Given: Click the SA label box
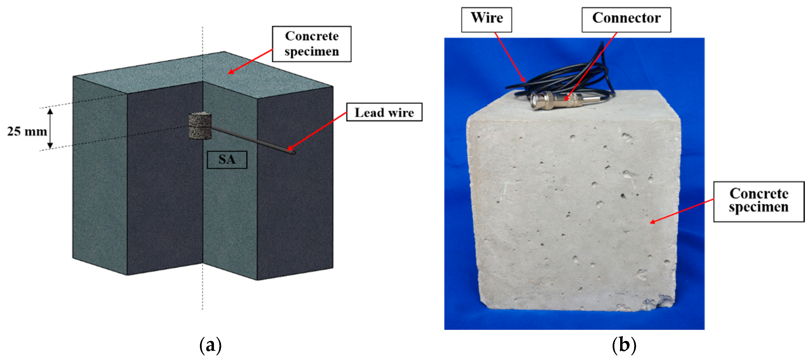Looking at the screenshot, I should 227,160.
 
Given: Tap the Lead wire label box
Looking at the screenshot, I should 384,112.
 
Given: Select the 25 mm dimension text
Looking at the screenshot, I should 27,131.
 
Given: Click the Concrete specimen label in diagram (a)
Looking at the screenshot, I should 312,44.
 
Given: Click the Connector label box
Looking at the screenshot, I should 626,20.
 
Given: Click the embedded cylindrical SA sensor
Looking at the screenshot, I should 200,126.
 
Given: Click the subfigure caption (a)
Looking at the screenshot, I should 211,345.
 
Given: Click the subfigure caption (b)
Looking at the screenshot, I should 624,345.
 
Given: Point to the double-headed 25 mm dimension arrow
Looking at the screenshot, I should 50,128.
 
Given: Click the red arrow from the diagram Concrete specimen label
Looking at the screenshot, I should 250,62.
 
